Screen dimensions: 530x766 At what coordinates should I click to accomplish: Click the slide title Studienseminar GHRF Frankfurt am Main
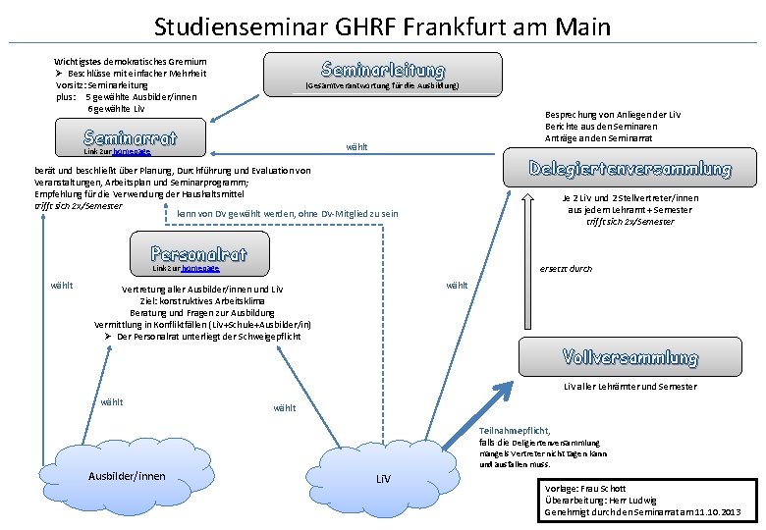382,26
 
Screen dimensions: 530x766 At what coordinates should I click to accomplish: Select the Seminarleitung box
382,71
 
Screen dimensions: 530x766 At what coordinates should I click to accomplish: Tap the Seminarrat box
131,138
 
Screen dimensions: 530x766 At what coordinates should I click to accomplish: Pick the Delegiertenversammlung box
630,169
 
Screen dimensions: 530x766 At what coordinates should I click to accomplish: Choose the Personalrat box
199,253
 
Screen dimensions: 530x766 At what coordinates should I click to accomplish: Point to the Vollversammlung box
630,357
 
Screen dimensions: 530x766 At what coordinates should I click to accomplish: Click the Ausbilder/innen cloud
127,477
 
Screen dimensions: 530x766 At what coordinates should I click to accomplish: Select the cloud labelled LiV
384,479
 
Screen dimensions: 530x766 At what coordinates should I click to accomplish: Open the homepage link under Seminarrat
132,153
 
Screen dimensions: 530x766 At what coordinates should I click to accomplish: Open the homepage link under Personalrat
200,268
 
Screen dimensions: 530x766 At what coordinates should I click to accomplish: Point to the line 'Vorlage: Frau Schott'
584,488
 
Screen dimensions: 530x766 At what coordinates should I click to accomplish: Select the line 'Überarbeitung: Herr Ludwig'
601,500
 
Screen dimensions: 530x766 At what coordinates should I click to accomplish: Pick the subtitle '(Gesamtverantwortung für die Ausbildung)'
381,86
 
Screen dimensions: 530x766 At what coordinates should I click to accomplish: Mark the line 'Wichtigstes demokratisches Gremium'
131,61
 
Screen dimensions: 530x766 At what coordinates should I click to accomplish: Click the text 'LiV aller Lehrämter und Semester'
629,386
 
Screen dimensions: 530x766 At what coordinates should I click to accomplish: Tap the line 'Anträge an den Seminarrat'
600,138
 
